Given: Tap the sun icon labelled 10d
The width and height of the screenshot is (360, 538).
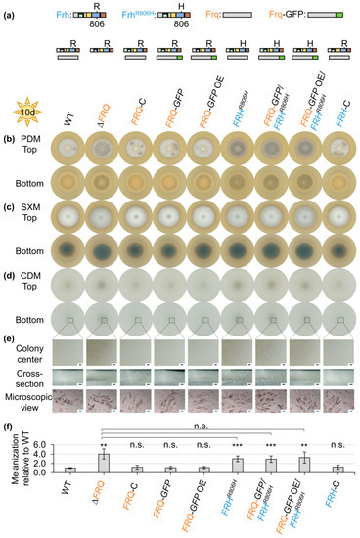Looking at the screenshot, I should pos(26,105).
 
